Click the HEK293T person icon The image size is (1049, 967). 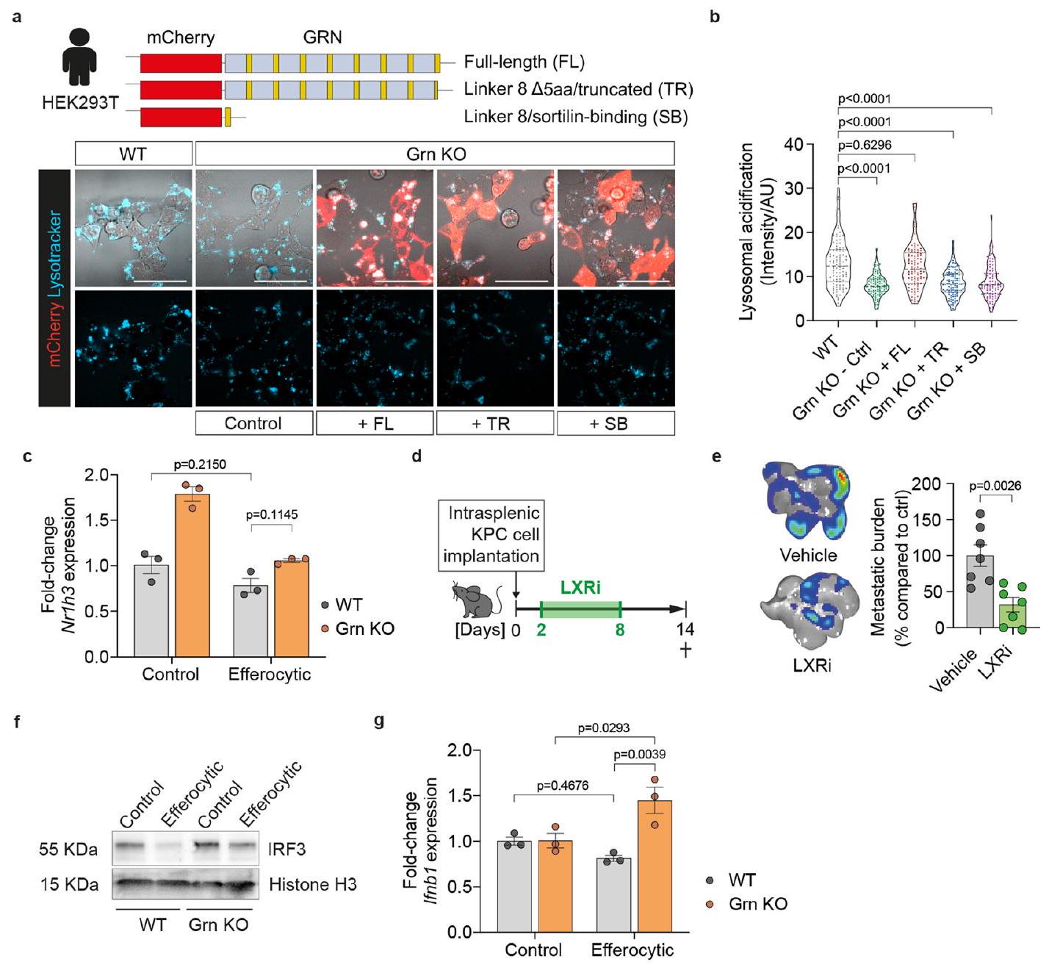79,57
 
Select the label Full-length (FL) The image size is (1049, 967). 524,62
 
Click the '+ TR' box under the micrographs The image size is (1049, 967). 495,423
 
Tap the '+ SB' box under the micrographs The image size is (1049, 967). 616,423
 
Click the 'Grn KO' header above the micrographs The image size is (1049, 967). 435,154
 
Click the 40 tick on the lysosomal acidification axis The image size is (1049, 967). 793,144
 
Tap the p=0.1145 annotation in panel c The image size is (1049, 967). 272,514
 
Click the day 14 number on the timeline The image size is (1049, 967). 685,630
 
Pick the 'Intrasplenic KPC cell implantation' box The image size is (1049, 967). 491,534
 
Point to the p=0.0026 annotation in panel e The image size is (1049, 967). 995,486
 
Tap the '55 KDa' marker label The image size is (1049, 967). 68,850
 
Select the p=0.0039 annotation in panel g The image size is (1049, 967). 638,755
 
